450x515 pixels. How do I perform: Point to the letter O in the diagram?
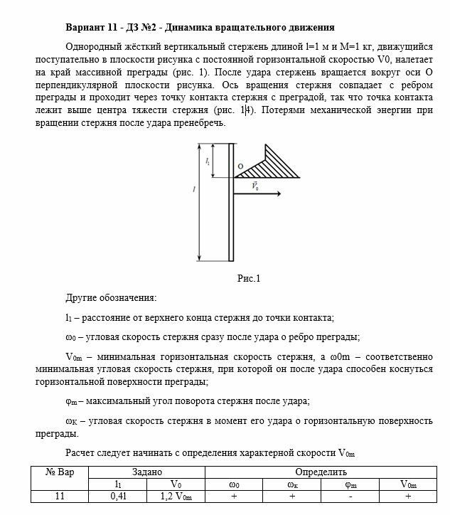(x=240, y=167)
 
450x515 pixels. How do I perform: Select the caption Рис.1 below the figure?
(x=250, y=278)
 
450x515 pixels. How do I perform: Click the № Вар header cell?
(x=61, y=472)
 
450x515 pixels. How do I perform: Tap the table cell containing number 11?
(x=61, y=497)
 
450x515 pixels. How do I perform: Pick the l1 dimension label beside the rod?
(x=208, y=162)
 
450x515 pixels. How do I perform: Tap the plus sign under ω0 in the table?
(x=233, y=497)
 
